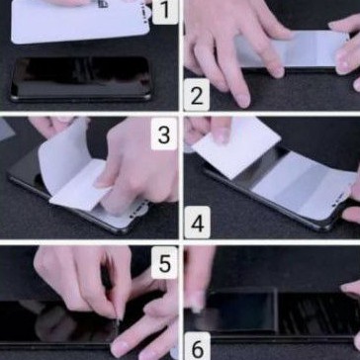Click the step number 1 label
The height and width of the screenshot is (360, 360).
165,12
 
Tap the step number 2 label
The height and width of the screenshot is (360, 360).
197,95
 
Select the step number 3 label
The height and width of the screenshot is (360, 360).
164,135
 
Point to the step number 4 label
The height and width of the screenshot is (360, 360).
197,223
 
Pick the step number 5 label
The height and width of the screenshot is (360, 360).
164,262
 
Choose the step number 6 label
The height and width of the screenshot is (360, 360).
197,346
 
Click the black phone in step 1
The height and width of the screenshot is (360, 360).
81,79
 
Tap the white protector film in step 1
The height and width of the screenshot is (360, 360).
80,22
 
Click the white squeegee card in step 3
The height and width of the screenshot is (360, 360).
79,186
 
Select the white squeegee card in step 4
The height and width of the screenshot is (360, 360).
236,147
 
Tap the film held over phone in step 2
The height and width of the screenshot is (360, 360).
294,48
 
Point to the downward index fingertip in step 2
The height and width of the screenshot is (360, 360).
243,100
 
